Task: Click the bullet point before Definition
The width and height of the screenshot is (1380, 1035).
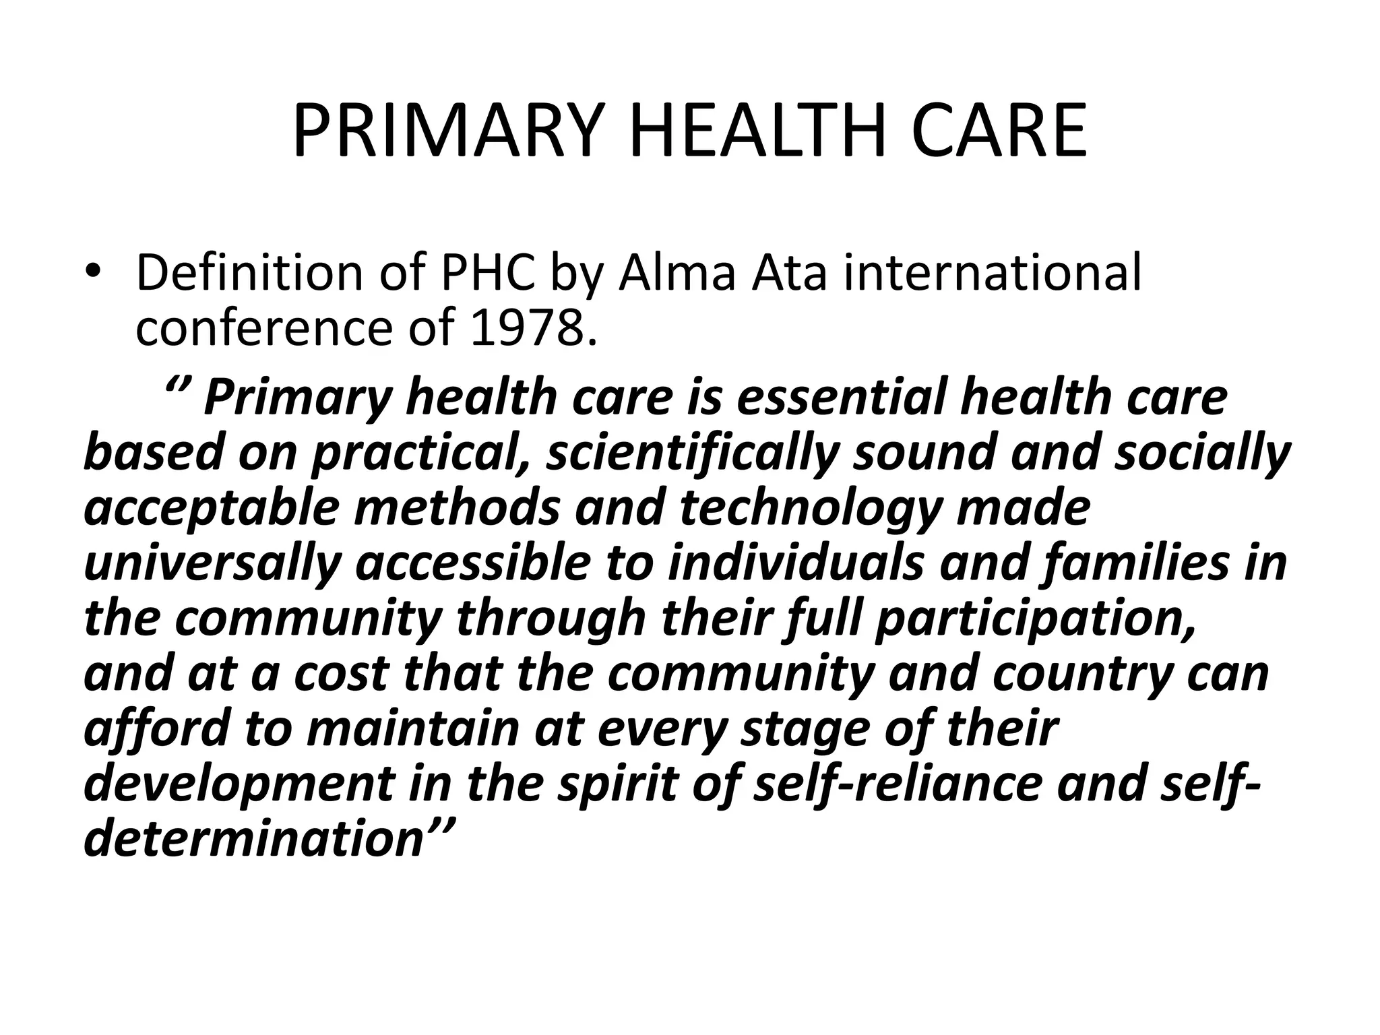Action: (x=92, y=272)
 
